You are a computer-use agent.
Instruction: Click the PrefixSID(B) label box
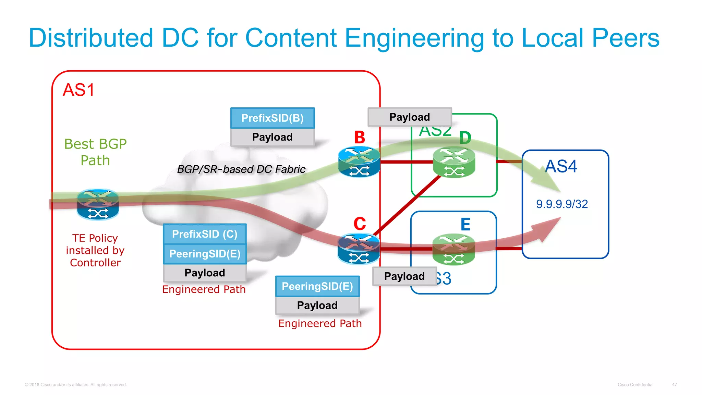click(x=273, y=118)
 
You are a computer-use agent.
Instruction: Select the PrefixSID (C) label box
click(x=205, y=234)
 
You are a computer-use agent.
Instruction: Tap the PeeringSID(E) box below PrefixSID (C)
click(x=205, y=254)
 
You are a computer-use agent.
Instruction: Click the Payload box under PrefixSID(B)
click(x=273, y=137)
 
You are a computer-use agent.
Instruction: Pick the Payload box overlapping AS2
click(x=410, y=117)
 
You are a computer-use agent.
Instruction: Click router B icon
click(x=359, y=161)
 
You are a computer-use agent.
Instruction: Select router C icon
click(x=359, y=249)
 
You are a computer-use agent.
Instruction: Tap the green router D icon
click(x=454, y=162)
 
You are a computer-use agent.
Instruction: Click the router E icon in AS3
click(x=453, y=249)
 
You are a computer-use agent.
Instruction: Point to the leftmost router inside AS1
click(x=98, y=204)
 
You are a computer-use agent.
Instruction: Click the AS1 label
click(x=78, y=90)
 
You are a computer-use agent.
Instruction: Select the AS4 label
click(x=561, y=166)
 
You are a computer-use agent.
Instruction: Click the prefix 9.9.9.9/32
click(x=562, y=204)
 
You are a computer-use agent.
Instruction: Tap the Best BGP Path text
click(x=95, y=152)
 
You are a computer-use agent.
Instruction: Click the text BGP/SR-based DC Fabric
click(x=241, y=169)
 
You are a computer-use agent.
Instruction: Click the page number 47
click(x=674, y=385)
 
